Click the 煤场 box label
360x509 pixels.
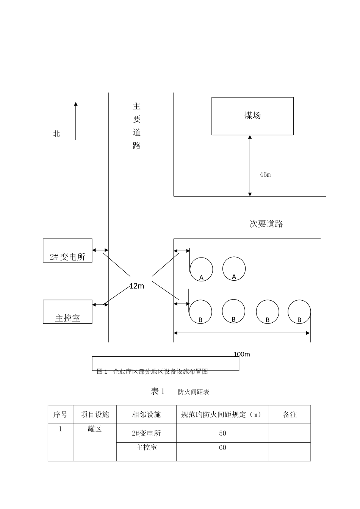point(252,116)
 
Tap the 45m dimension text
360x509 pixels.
point(265,175)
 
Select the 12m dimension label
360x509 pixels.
point(137,286)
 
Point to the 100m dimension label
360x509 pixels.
point(242,354)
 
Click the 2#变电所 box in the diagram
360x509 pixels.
point(67,251)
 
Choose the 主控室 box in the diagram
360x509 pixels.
point(67,312)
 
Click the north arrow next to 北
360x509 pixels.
point(76,120)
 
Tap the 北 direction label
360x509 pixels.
point(56,134)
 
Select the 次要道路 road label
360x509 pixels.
point(266,224)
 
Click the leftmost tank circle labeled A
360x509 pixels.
point(201,269)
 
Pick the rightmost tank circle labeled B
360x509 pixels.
point(299,312)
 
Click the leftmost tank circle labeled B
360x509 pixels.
point(200,312)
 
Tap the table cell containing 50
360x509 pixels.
point(222,433)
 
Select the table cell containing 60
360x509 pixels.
point(222,448)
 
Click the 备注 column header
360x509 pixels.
point(290,415)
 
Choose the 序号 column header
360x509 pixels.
point(60,415)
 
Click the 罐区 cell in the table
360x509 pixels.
point(95,429)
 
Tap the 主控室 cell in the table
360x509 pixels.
point(146,448)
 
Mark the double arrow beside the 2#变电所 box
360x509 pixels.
point(100,250)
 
